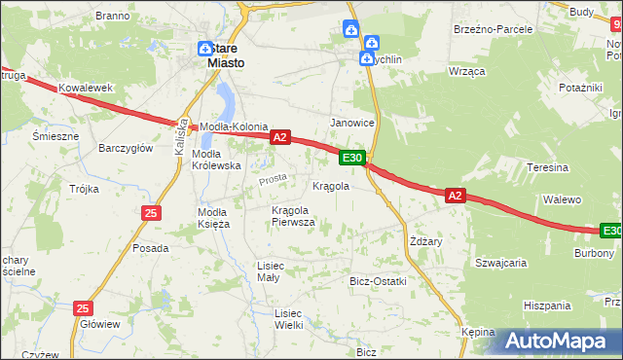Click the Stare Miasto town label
point(226,55)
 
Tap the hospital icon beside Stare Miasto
point(205,49)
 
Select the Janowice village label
point(352,123)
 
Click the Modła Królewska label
point(216,160)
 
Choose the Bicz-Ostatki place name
point(378,281)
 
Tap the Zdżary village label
point(426,241)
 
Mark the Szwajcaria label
point(500,263)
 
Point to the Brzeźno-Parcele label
point(493,29)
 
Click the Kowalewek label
point(80,89)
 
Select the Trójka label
point(84,189)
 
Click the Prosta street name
point(272,180)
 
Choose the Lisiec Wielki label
point(288,318)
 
